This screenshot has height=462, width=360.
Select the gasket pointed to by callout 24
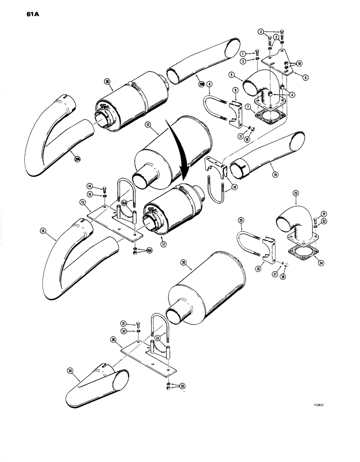point(300,253)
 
